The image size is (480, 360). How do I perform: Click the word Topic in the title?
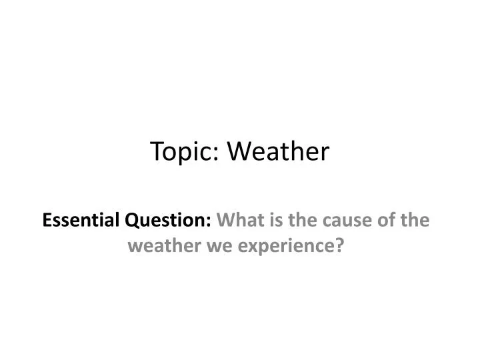pos(179,152)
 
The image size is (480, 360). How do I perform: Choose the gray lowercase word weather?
pos(158,246)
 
